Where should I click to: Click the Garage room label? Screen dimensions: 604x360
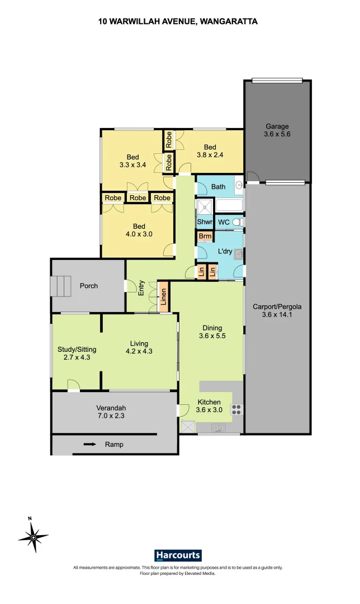coord(277,126)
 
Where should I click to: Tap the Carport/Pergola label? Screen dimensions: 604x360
coord(277,306)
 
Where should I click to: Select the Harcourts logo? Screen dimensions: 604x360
coord(178,555)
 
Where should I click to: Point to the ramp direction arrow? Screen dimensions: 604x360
coord(89,445)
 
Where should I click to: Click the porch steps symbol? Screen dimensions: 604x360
coord(61,286)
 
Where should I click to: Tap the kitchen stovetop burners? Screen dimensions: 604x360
coord(236,409)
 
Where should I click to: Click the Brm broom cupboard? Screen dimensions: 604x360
coord(205,237)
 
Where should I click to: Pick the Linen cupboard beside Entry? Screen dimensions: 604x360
coord(164,298)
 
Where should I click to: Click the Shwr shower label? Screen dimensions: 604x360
coord(204,222)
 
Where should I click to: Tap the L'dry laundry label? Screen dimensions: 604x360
coord(225,252)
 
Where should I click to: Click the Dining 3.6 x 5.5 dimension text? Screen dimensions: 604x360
coord(212,336)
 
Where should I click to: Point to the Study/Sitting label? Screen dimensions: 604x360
coord(77,350)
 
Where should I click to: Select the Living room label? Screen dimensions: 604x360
coord(139,343)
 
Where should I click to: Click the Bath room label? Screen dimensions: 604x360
coord(218,186)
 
